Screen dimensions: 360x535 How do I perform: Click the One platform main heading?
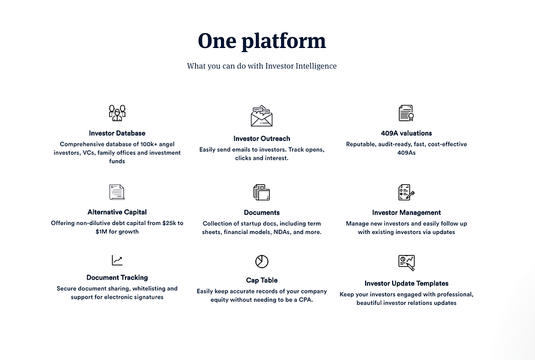[262, 41]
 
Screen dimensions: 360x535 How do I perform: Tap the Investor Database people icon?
[117, 112]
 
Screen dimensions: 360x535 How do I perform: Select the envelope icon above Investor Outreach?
[262, 116]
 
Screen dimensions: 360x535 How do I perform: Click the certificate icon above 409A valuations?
[406, 113]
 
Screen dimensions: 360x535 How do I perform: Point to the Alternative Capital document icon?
[117, 192]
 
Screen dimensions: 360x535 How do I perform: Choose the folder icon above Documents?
[262, 193]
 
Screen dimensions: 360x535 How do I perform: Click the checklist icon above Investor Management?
[407, 193]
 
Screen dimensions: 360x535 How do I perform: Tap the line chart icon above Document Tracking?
[117, 260]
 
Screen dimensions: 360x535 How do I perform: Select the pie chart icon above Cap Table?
[262, 262]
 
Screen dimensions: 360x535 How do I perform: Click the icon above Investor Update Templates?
[407, 262]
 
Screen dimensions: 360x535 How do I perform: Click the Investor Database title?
[117, 133]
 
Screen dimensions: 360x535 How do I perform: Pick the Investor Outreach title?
[262, 139]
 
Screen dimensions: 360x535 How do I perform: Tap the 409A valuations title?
[407, 133]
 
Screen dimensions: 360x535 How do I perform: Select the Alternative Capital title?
[117, 212]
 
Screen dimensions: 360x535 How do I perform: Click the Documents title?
[262, 212]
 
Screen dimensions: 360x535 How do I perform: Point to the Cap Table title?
[262, 280]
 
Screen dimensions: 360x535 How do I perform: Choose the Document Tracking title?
[117, 278]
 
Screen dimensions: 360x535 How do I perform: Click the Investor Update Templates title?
[407, 283]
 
